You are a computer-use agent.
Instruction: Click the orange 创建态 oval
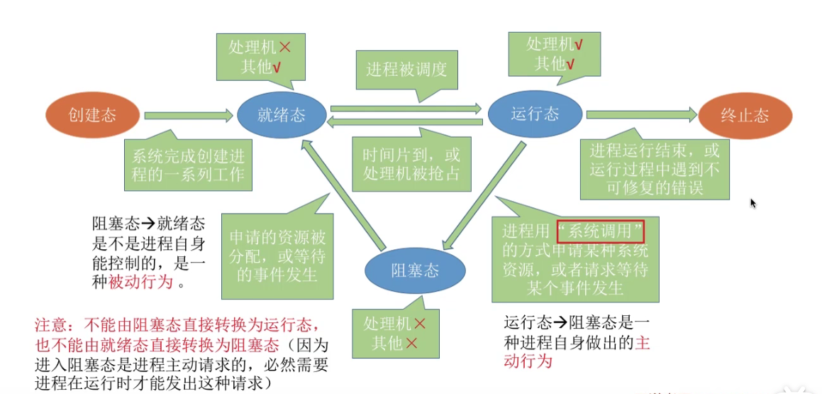coord(92,114)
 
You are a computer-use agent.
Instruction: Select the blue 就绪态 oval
coord(282,114)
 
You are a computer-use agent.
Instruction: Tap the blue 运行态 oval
coord(535,114)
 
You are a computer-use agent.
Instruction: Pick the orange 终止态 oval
coord(745,115)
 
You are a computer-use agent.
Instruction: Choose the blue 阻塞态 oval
coord(415,270)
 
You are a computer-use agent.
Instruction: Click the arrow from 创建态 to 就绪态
coord(189,114)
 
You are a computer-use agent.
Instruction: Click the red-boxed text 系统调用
coord(600,231)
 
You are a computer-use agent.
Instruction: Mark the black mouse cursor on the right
coord(753,204)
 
